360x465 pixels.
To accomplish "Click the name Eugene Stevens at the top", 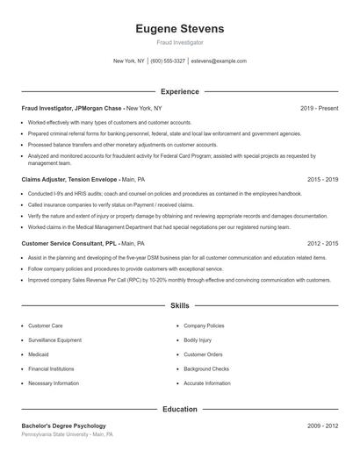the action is click(x=179, y=28).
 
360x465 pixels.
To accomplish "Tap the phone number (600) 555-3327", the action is click(x=168, y=61).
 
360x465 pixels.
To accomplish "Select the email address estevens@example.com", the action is click(x=219, y=61).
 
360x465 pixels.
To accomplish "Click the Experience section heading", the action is click(x=179, y=91).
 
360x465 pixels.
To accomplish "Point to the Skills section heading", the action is click(x=179, y=305).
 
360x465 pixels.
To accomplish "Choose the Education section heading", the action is click(x=179, y=409).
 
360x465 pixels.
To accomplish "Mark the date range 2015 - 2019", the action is click(x=322, y=178).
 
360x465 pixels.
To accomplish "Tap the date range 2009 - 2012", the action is click(x=322, y=426).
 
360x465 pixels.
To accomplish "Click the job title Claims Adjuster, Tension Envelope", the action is click(x=69, y=178).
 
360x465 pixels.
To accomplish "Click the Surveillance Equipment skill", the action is click(x=54, y=340).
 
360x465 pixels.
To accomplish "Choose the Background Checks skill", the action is click(x=206, y=368).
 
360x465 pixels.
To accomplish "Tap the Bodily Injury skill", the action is click(x=198, y=340).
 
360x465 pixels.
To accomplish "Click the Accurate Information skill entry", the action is click(x=207, y=383).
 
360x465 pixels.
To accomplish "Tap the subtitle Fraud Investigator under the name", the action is click(x=179, y=42).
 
